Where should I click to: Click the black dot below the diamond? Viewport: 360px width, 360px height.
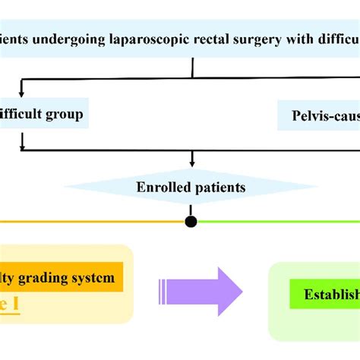[x=191, y=222]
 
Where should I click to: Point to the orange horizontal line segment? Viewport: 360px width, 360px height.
[x=91, y=222]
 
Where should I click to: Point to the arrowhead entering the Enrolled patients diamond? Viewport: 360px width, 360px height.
[x=191, y=163]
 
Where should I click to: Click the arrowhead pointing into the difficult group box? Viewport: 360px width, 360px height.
[x=22, y=99]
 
